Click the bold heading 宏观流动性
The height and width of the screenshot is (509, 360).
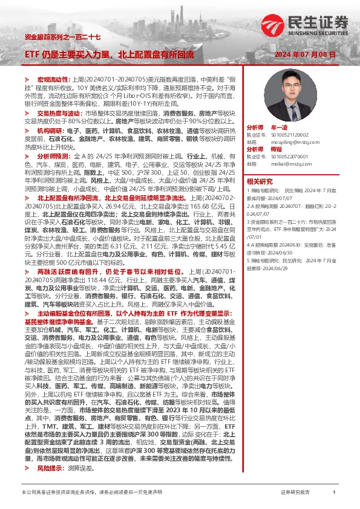(x=54, y=80)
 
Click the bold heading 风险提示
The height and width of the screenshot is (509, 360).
(x=50, y=467)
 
